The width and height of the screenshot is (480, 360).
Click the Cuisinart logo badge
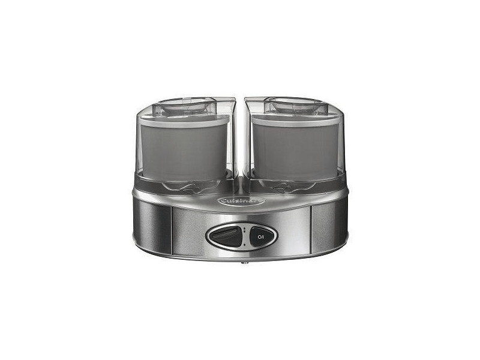pos(242,201)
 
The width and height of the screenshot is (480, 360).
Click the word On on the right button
pos(260,237)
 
